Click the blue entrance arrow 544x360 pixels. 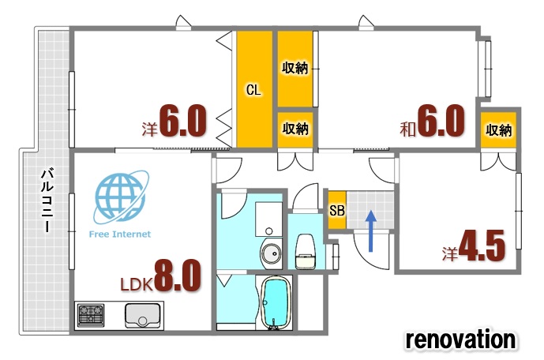[371, 231]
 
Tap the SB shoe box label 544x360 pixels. [337, 210]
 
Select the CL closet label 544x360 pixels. [253, 90]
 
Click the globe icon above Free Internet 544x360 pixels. [120, 197]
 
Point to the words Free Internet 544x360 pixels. [120, 234]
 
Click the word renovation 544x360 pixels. [461, 339]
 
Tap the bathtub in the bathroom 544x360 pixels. [276, 302]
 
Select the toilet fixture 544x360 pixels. [306, 251]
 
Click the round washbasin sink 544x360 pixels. [272, 253]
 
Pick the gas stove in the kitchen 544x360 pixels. [91, 315]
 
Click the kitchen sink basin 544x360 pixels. [143, 315]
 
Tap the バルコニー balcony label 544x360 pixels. [47, 200]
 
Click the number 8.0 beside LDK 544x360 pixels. [178, 276]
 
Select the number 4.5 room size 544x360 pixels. [482, 246]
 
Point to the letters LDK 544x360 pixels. [137, 285]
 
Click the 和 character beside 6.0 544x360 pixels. [407, 129]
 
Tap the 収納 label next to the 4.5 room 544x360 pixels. [498, 130]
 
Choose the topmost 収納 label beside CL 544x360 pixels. [295, 68]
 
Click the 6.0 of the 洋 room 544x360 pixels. [183, 120]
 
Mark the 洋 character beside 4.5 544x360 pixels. [450, 253]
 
